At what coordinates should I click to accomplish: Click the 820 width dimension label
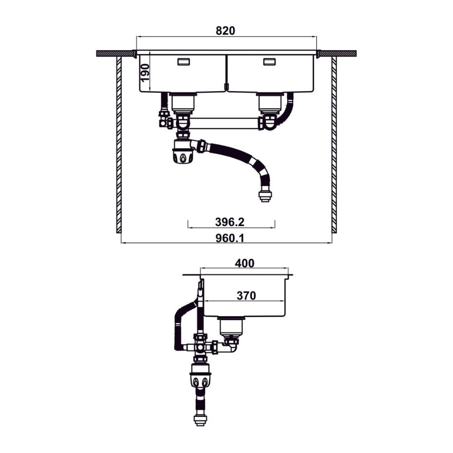click(x=225, y=31)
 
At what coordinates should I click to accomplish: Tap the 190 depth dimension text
click(x=145, y=72)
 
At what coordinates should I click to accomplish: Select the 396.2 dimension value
click(x=230, y=222)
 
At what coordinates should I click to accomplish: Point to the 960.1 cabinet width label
click(x=230, y=238)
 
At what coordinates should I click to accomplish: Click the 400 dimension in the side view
click(x=245, y=263)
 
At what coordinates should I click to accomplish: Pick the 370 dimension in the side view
click(x=246, y=295)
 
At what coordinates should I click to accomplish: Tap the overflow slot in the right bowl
click(x=269, y=62)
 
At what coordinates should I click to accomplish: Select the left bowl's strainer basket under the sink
click(x=183, y=103)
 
